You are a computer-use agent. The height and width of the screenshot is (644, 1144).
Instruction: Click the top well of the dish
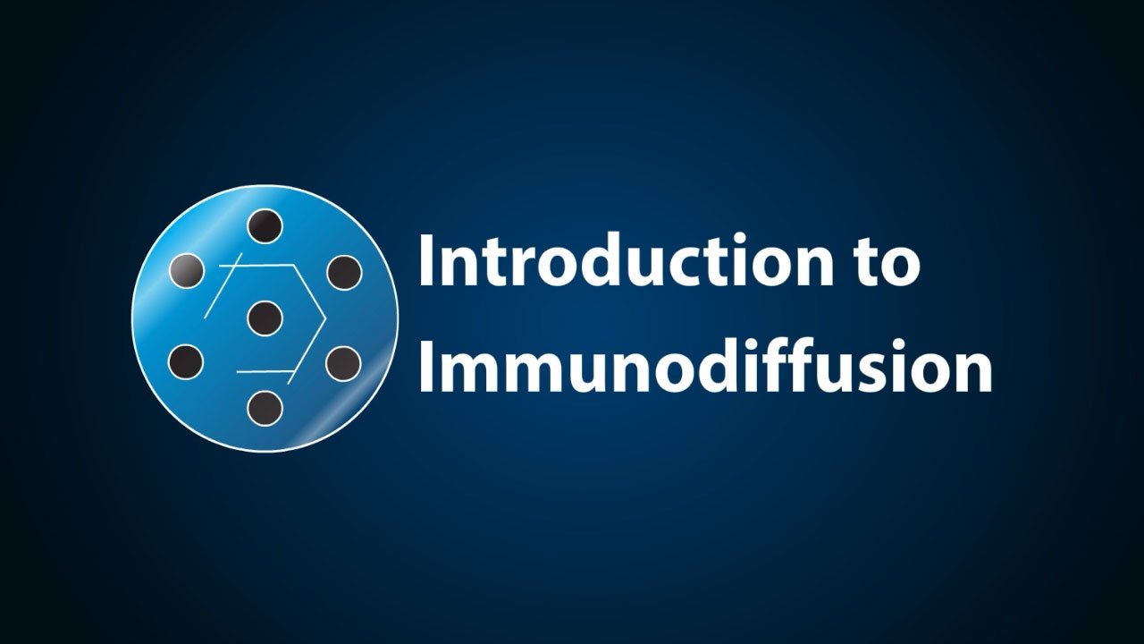tap(265, 227)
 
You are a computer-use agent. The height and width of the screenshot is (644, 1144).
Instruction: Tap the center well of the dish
tap(265, 318)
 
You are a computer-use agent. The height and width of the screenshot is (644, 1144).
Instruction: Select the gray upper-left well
tap(186, 270)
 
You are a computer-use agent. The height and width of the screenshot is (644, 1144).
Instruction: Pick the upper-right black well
tap(343, 272)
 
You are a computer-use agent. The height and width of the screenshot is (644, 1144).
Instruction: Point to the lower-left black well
tap(186, 361)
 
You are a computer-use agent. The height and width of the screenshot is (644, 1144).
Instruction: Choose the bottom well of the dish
tap(265, 408)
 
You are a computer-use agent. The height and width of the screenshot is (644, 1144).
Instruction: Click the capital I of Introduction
tap(425, 260)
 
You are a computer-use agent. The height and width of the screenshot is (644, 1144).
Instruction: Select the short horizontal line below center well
tap(265, 369)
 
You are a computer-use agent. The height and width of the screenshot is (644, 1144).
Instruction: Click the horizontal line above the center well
tap(265, 265)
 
